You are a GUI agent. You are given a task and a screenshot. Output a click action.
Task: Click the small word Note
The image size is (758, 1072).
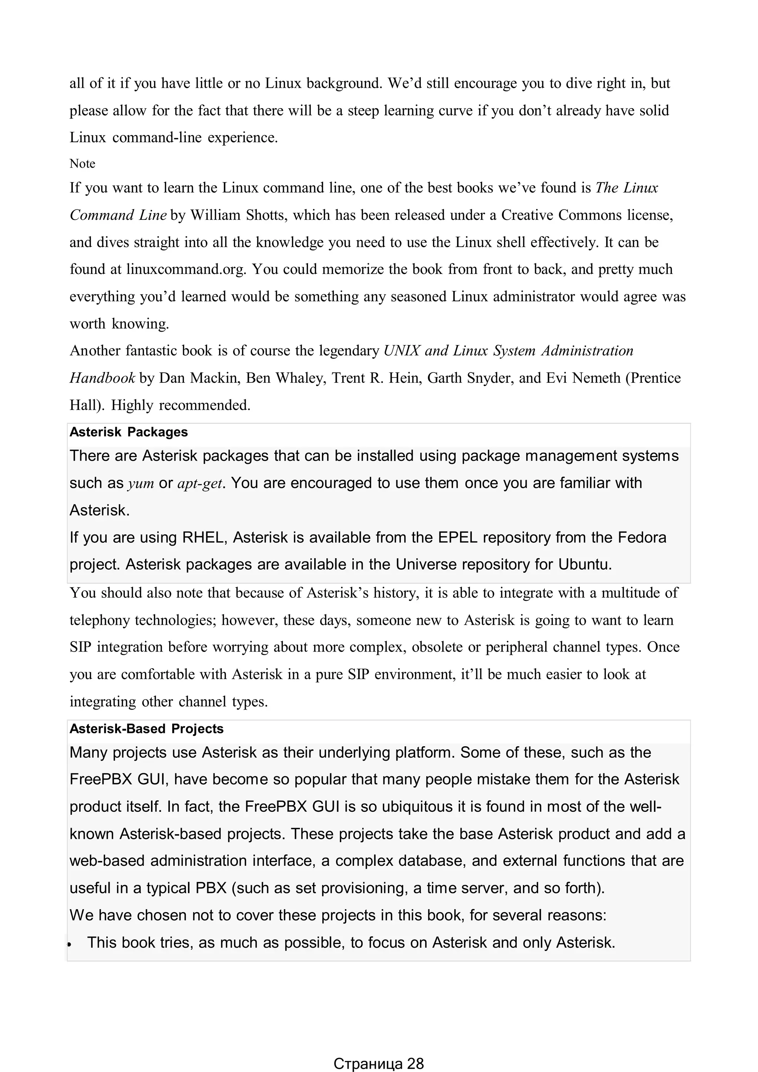(82, 164)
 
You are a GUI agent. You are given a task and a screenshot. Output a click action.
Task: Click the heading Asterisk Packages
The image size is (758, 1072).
(128, 432)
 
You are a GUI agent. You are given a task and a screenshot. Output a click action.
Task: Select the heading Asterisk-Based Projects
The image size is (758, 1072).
(146, 729)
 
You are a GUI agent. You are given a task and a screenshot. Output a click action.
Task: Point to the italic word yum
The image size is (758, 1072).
(141, 483)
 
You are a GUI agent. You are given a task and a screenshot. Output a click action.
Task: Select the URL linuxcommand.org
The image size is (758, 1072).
(185, 269)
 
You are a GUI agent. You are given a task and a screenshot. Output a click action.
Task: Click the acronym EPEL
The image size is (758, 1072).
(457, 537)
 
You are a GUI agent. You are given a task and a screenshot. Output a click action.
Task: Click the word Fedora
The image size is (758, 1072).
(642, 537)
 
